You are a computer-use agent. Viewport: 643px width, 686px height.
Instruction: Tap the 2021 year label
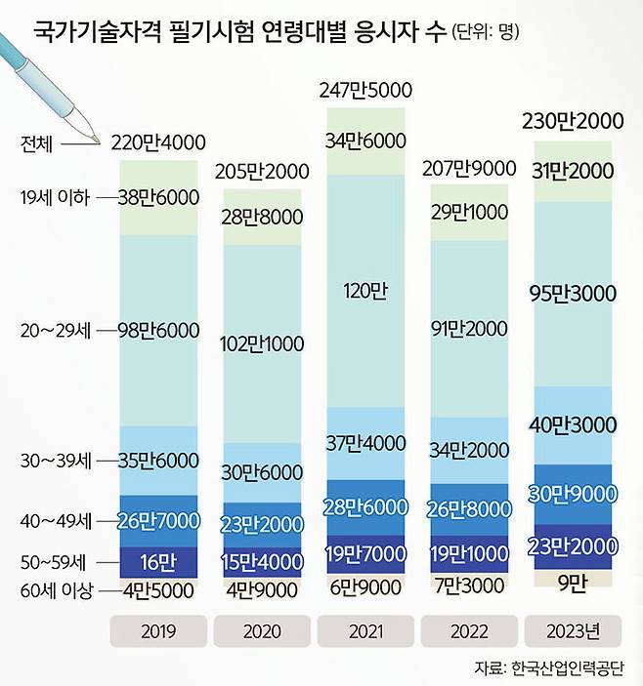365,631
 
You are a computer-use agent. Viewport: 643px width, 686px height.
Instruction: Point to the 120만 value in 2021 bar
364,290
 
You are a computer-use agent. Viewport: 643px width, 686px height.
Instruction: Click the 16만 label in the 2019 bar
157,562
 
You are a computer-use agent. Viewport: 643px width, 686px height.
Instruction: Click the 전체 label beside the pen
41,142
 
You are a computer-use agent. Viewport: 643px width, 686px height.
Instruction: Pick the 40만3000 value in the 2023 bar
573,424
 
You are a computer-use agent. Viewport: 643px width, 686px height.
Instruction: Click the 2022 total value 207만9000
469,168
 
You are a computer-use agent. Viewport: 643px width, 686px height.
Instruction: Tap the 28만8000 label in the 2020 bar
261,217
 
